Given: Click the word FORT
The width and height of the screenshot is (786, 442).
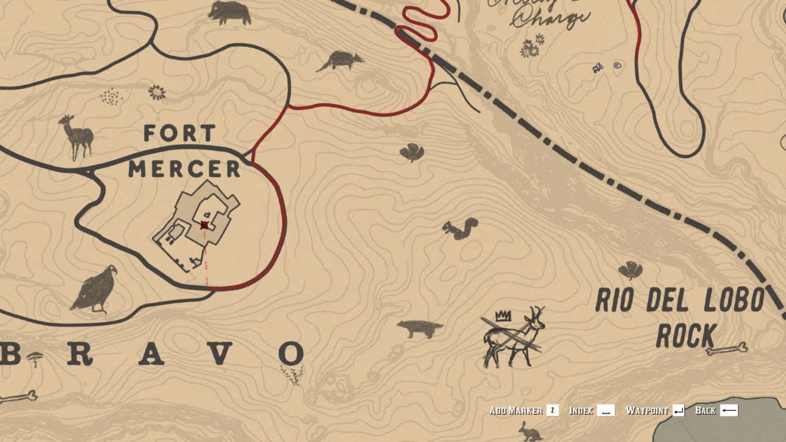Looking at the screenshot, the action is pos(180,133).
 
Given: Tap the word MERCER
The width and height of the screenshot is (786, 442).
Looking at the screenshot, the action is pos(184,168).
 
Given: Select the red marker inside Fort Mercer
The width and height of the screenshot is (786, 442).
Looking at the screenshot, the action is pos(204,225).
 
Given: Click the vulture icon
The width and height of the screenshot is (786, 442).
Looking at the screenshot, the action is pos(95,289).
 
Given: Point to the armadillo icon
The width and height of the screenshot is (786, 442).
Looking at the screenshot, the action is pos(340,61).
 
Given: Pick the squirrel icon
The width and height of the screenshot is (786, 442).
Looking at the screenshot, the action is pos(460,228).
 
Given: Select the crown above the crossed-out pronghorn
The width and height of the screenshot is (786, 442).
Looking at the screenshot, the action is pos(504,316).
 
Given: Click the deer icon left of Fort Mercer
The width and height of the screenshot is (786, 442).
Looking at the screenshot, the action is pos(76,136).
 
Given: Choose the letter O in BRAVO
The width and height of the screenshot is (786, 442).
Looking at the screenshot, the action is pos(291,354).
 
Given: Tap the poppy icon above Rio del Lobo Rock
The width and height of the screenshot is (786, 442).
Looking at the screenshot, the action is pos(630,269).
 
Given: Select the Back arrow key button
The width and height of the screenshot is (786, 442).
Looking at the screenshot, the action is pos(729,410).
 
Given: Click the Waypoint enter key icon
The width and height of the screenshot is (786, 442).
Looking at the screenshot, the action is pos(678,410).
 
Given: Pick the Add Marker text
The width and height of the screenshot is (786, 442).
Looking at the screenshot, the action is pos(516,410).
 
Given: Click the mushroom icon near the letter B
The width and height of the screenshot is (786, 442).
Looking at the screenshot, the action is pos(35,357).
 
